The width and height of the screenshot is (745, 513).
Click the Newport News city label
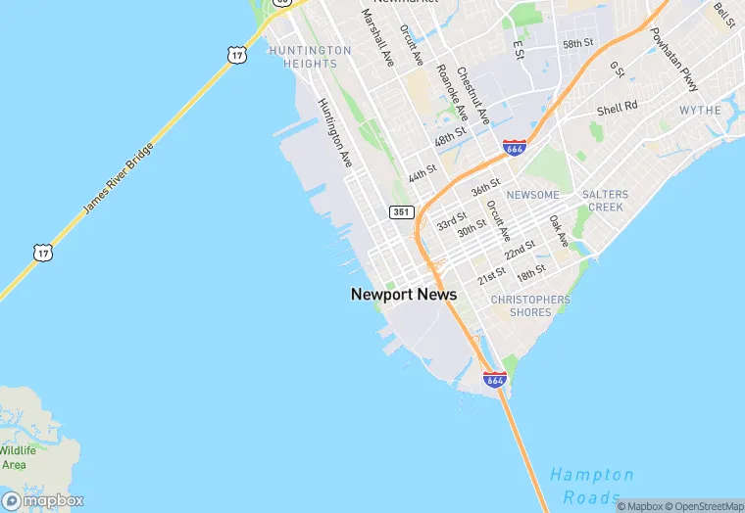pyautogui.click(x=404, y=294)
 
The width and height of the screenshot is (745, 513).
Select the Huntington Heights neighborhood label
pyautogui.click(x=310, y=57)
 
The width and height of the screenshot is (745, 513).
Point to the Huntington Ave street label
pyautogui.click(x=334, y=132)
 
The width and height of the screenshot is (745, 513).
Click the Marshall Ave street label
pyautogui.click(x=377, y=37)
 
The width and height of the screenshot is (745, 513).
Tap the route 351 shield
pyautogui.click(x=401, y=211)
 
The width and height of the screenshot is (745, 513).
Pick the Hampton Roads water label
pyautogui.click(x=591, y=486)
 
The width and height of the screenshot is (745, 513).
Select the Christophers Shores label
pyautogui.click(x=530, y=305)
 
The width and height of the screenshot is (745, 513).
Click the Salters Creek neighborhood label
pyautogui.click(x=605, y=201)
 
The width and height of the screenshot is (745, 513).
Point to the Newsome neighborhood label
pyautogui.click(x=532, y=195)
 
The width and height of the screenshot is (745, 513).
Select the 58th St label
pyautogui.click(x=577, y=44)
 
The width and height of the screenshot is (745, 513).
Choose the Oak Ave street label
pyautogui.click(x=559, y=231)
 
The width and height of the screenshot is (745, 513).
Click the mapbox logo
pyautogui.click(x=43, y=499)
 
